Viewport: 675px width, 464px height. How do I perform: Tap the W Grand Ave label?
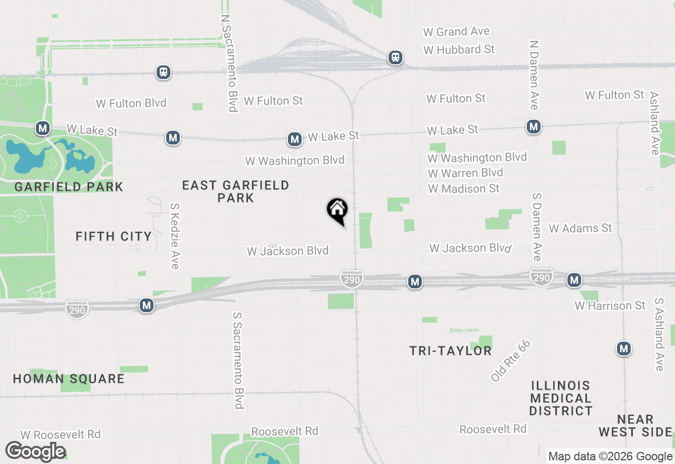pyautogui.click(x=456, y=32)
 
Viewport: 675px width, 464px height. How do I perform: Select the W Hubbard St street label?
pyautogui.click(x=459, y=50)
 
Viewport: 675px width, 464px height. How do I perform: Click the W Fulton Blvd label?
pyautogui.click(x=131, y=103)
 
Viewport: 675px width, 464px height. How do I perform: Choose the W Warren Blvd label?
pyautogui.click(x=465, y=173)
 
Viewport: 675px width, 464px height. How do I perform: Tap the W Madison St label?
pyautogui.click(x=464, y=188)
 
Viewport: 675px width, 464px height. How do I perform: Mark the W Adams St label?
pyautogui.click(x=580, y=228)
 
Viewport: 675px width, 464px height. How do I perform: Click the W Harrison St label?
pyautogui.click(x=610, y=306)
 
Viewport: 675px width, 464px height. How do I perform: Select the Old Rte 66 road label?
pyautogui.click(x=510, y=361)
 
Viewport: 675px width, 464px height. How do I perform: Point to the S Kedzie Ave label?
pyautogui.click(x=175, y=236)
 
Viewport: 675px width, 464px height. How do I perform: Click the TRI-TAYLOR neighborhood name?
pyautogui.click(x=450, y=351)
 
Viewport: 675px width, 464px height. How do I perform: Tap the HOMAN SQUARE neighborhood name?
pyautogui.click(x=69, y=379)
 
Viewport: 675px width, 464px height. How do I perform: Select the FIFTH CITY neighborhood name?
pyautogui.click(x=113, y=236)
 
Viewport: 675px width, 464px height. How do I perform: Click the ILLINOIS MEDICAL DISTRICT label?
pyautogui.click(x=561, y=398)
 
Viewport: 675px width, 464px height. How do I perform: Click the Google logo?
pyautogui.click(x=35, y=452)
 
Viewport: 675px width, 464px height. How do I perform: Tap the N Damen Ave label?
pyautogui.click(x=534, y=75)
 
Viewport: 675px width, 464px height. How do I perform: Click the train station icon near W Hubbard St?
pyautogui.click(x=395, y=57)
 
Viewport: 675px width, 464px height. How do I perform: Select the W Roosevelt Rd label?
pyautogui.click(x=60, y=434)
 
